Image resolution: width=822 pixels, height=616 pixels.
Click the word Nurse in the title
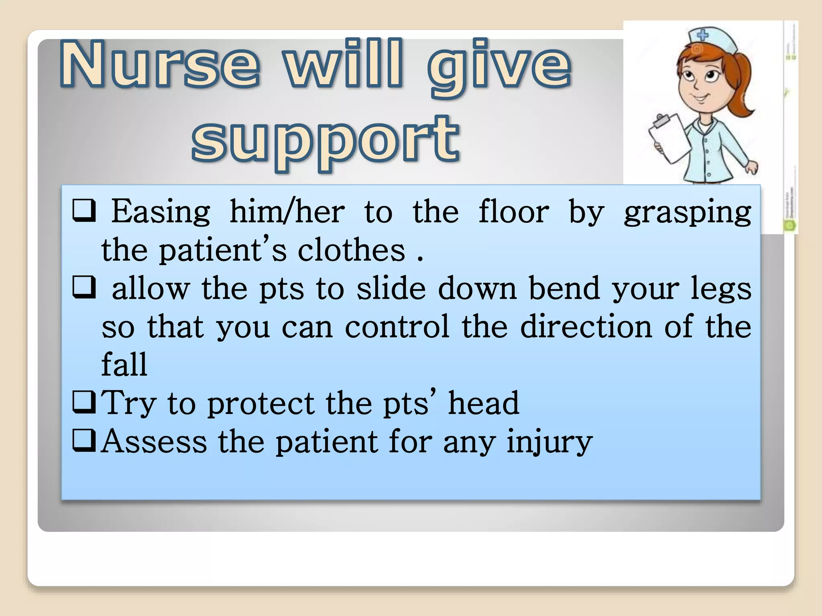[161, 64]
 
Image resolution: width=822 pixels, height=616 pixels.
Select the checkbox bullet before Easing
[84, 211]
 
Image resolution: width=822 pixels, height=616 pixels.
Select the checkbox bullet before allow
[84, 287]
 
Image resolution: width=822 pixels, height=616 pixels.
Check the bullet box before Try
[84, 402]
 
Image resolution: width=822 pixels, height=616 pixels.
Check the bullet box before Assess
[84, 440]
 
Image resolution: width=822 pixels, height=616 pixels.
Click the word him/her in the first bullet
[287, 211]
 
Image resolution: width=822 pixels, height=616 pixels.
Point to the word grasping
[687, 213]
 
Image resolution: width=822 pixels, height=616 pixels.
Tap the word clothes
[351, 250]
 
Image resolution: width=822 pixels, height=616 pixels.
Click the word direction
[586, 326]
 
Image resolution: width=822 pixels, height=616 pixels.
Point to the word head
[483, 403]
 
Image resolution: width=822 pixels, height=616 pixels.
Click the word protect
[261, 403]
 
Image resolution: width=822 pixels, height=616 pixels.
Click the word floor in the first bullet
[514, 211]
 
